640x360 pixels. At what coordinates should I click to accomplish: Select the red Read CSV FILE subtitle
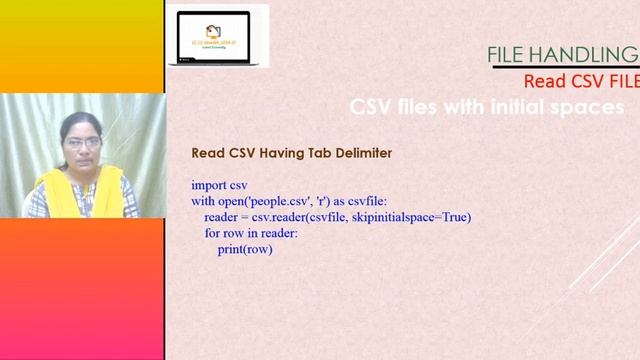(581, 81)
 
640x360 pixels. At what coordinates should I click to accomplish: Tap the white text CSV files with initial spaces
(487, 106)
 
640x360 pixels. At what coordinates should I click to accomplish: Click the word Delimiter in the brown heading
(357, 153)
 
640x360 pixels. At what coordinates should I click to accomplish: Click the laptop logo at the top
(218, 35)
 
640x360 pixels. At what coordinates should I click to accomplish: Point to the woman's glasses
(81, 143)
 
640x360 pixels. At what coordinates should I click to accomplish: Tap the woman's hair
(81, 121)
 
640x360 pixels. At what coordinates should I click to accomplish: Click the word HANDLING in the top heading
(589, 54)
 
